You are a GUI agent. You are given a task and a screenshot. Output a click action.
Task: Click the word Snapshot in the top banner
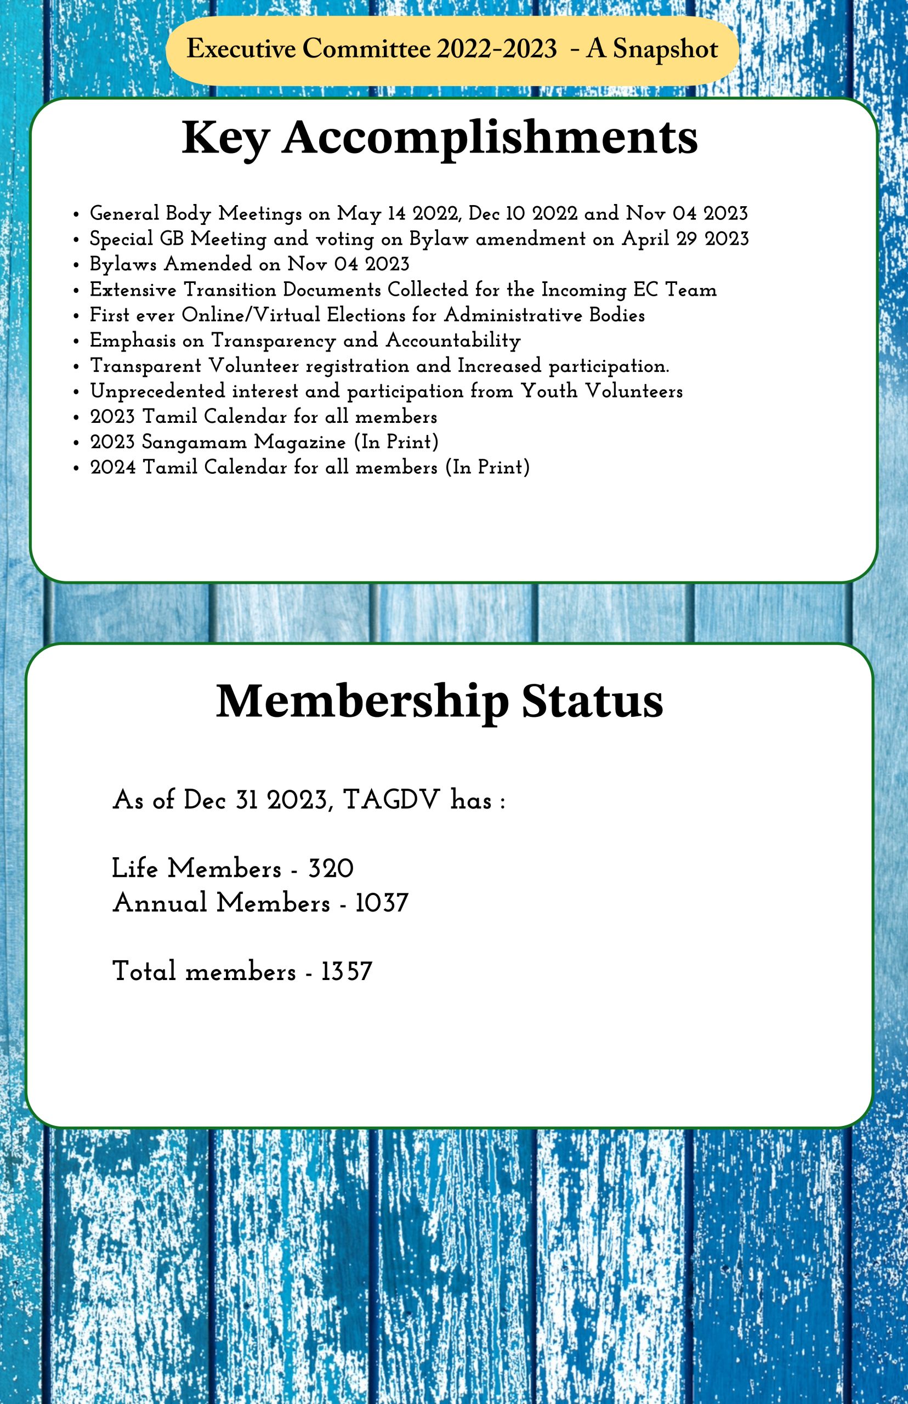[665, 49]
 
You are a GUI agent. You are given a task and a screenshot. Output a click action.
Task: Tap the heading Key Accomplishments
[439, 138]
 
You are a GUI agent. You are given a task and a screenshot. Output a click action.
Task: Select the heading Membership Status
[439, 701]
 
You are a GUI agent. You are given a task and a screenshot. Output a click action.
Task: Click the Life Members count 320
[331, 869]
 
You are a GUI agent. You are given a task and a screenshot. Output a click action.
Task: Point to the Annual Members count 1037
[382, 903]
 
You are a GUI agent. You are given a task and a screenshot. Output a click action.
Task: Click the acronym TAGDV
[391, 800]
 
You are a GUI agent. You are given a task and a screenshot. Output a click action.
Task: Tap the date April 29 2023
[685, 239]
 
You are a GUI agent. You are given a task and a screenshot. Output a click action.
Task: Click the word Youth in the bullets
[549, 391]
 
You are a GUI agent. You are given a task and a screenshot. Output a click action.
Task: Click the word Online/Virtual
[251, 315]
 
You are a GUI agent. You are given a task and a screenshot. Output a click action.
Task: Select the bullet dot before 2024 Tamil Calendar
[76, 468]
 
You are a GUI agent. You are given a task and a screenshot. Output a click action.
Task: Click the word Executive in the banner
[241, 49]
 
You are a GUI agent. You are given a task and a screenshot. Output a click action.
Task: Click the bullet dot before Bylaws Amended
[76, 265]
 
